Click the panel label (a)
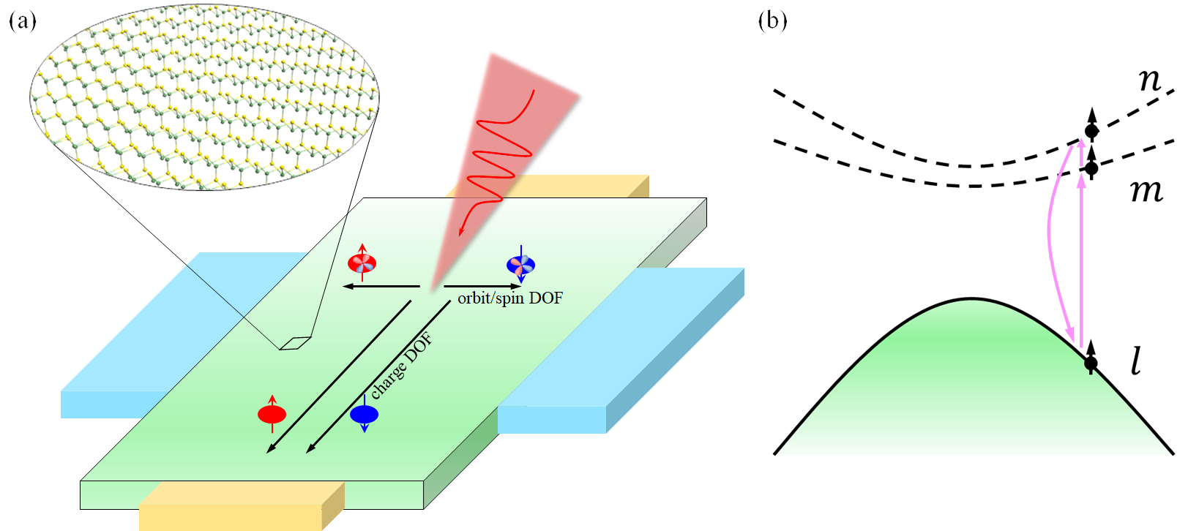coord(22,20)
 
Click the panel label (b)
coord(772,20)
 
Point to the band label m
coord(1146,191)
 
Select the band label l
coord(1136,361)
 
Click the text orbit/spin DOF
coord(510,298)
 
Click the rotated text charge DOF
coord(401,366)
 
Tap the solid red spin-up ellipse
coord(272,415)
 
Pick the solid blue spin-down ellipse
coord(364,415)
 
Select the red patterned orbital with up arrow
coord(362,263)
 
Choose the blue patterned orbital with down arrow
coord(520,265)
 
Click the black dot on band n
coord(1091,132)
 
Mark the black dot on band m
coord(1091,168)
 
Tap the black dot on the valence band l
coord(1091,363)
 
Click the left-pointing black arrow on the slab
coord(381,287)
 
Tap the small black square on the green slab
coord(295,343)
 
